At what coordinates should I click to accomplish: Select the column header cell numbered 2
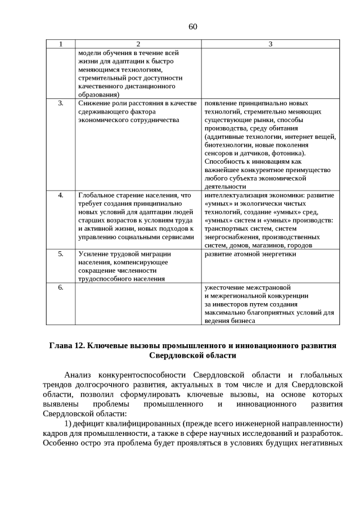point(138,44)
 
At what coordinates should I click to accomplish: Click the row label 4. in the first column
point(61,195)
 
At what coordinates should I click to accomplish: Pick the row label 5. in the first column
point(61,254)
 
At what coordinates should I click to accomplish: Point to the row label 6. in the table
point(61,287)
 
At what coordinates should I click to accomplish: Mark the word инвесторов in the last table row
point(232,304)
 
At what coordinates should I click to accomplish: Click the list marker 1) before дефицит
point(67,424)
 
